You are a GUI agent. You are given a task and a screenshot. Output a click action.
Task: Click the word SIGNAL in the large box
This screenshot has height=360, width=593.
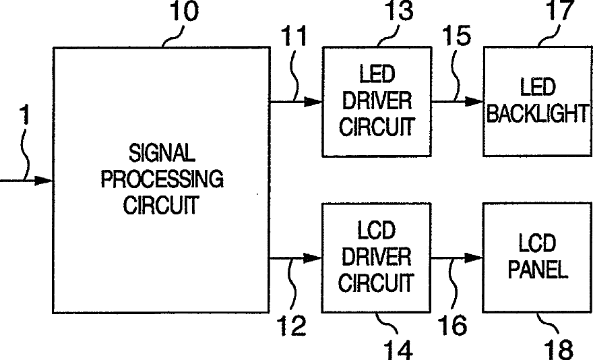point(160,154)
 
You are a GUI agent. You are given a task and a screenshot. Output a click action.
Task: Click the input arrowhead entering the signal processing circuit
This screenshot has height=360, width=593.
point(44,181)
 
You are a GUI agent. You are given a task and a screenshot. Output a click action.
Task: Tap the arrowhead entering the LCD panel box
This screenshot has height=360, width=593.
point(474,258)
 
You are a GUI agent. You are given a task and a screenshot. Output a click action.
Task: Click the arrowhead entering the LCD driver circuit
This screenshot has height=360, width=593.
point(313,258)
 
